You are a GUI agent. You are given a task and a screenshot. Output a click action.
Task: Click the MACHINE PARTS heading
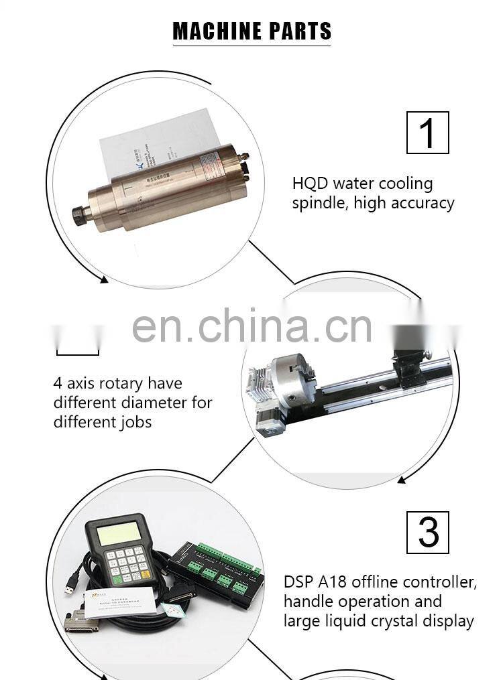pos(252,31)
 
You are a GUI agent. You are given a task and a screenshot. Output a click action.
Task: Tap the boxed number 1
pos(427,133)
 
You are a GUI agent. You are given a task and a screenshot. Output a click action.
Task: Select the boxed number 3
pos(428,533)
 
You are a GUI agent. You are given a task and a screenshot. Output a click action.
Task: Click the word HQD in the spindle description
pos(310,184)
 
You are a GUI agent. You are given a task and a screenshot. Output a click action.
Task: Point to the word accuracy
pos(421,203)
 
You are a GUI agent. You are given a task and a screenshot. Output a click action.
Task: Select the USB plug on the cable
pos(69,588)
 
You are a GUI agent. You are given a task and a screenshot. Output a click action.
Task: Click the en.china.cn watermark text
pos(251,326)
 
